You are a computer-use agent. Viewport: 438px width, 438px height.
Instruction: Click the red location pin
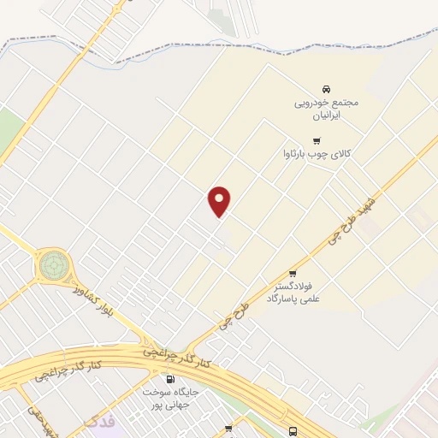(x=220, y=201)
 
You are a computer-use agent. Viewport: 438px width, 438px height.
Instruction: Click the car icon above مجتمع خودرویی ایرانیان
(x=325, y=89)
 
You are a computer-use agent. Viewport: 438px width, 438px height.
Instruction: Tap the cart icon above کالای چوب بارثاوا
(x=317, y=140)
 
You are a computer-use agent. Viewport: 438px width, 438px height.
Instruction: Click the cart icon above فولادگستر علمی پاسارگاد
(x=293, y=274)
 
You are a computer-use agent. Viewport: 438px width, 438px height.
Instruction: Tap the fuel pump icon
(x=169, y=378)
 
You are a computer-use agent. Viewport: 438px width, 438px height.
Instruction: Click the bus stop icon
(x=293, y=430)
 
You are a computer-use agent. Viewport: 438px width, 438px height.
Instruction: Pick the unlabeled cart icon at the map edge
(x=228, y=428)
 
